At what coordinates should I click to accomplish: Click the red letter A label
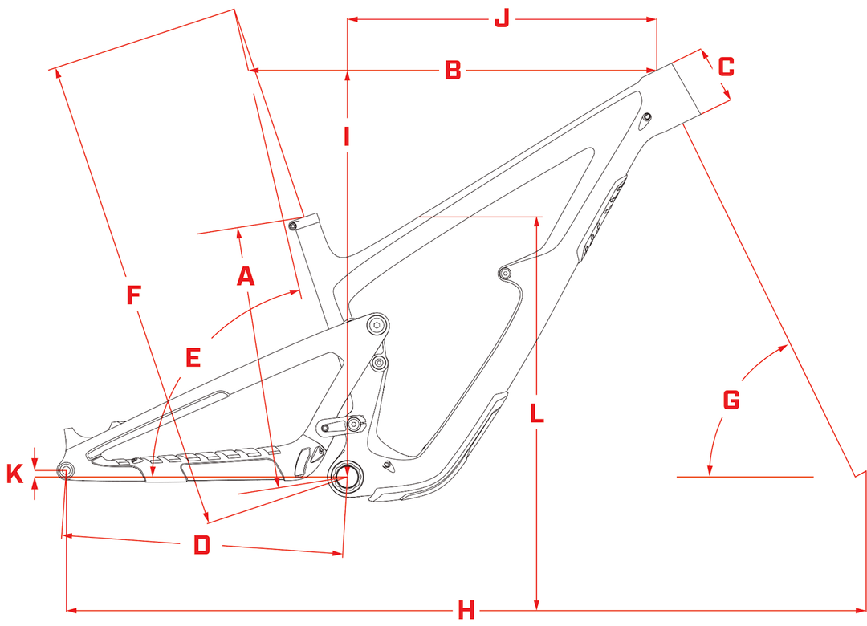tap(246, 276)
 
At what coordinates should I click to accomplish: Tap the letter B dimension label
tap(453, 71)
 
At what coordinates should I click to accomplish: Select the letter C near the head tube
tap(726, 67)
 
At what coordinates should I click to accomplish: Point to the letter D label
tap(201, 546)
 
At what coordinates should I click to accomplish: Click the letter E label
tap(193, 357)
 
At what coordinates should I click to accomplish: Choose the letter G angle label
tap(731, 399)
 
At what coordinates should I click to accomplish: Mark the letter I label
tap(347, 137)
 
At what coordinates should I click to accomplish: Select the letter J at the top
tap(502, 18)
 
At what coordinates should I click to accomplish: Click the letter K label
tap(14, 474)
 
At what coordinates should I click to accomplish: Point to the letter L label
tap(537, 414)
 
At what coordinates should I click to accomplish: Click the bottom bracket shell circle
tap(349, 478)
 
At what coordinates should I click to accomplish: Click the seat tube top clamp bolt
tap(294, 226)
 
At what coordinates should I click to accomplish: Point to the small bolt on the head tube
tap(647, 120)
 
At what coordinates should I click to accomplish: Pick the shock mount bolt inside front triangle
tap(504, 274)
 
